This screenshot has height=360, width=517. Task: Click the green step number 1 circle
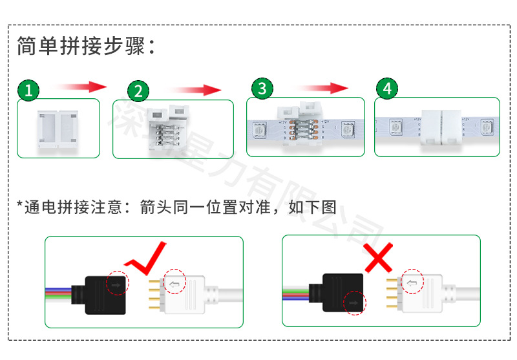[28, 90]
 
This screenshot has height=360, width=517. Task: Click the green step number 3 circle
[261, 89]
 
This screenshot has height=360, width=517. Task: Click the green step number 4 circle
[386, 89]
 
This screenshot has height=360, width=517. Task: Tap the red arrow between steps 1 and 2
[79, 87]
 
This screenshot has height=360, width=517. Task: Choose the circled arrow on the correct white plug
[174, 282]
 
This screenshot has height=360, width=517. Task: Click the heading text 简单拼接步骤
[87, 47]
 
